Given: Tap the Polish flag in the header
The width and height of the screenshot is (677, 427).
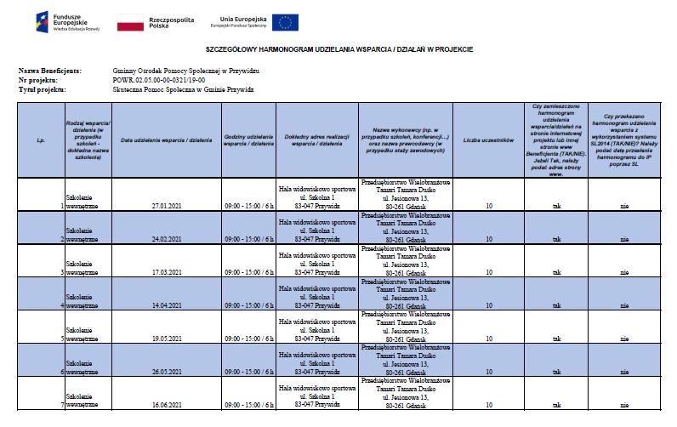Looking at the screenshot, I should pos(130,22).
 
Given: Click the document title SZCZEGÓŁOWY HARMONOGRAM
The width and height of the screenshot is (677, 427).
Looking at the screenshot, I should pos(338,50).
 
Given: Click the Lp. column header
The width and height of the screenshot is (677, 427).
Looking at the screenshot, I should pos(41,139).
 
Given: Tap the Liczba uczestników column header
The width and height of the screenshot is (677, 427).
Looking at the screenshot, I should pos(488,139).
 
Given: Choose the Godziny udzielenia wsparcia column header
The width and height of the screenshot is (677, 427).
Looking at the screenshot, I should pos(248,139).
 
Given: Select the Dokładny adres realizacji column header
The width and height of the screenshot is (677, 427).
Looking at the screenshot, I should pos(316,139).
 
